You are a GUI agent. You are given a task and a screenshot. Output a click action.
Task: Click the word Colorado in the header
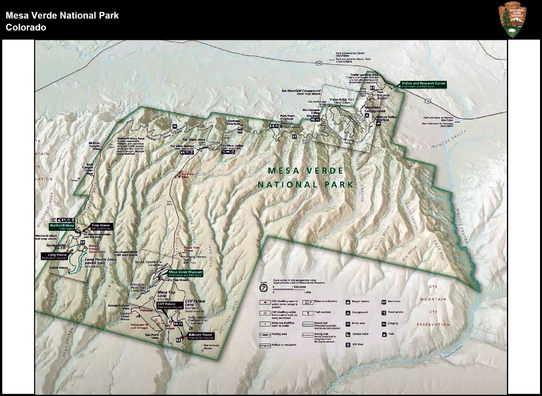tap(26, 28)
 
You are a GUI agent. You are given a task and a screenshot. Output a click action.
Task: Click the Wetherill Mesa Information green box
tap(61, 227)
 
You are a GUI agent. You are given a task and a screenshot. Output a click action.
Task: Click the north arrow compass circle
tap(263, 288)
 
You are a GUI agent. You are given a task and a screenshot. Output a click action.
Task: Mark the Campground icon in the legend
tap(348, 312)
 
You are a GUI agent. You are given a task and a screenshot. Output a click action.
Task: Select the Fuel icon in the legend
tap(384, 334)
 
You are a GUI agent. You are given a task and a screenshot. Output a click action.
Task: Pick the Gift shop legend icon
tap(348, 345)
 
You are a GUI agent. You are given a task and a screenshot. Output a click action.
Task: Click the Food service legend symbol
tap(384, 312)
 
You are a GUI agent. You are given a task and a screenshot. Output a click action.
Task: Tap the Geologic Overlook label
tap(233, 122)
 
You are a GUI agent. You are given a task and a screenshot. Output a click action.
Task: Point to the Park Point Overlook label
tap(287, 117)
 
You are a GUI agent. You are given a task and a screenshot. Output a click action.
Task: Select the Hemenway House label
tap(208, 346)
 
